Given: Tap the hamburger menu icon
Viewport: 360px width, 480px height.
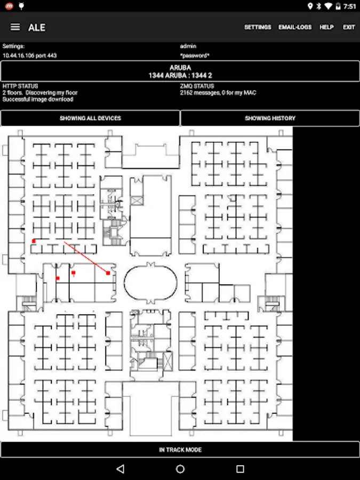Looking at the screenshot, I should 15,27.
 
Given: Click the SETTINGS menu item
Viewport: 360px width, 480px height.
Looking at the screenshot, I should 258,27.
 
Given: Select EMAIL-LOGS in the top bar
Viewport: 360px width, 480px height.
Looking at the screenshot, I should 295,27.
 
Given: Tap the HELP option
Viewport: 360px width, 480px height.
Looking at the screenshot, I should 326,27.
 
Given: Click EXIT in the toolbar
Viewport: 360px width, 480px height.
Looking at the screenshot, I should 349,27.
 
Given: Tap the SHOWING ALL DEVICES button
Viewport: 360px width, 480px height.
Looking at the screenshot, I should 90,118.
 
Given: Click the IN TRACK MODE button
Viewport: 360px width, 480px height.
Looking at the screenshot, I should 180,450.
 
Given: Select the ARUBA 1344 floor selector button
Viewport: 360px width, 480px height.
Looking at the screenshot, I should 180,71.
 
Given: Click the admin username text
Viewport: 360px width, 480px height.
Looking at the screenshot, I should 188,46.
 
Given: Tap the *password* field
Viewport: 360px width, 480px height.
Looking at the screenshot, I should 195,55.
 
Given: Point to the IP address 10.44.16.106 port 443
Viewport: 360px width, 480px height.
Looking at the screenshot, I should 30,55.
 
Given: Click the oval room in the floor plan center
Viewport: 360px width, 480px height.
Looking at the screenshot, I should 150,283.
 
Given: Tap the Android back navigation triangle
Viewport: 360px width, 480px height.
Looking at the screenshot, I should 120,469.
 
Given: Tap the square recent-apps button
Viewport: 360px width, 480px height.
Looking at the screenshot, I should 240,469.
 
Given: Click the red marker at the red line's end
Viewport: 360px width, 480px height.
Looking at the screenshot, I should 108,273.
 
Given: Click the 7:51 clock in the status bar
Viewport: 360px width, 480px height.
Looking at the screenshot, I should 349,6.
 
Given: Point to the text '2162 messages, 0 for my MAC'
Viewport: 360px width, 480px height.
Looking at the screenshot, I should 218,93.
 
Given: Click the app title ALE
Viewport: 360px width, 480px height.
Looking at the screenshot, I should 37,27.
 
